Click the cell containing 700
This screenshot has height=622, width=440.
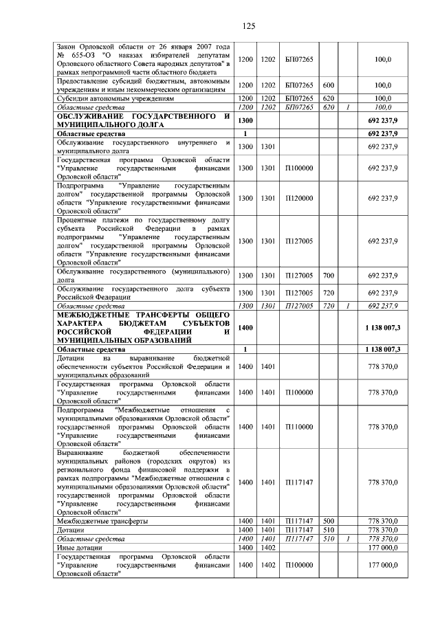329,276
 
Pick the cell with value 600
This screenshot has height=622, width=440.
329,85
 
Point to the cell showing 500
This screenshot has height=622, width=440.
329,522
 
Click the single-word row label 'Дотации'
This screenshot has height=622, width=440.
71,531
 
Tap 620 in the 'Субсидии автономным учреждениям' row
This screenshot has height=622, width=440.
329,98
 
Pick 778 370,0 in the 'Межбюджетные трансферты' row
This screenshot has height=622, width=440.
383,522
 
